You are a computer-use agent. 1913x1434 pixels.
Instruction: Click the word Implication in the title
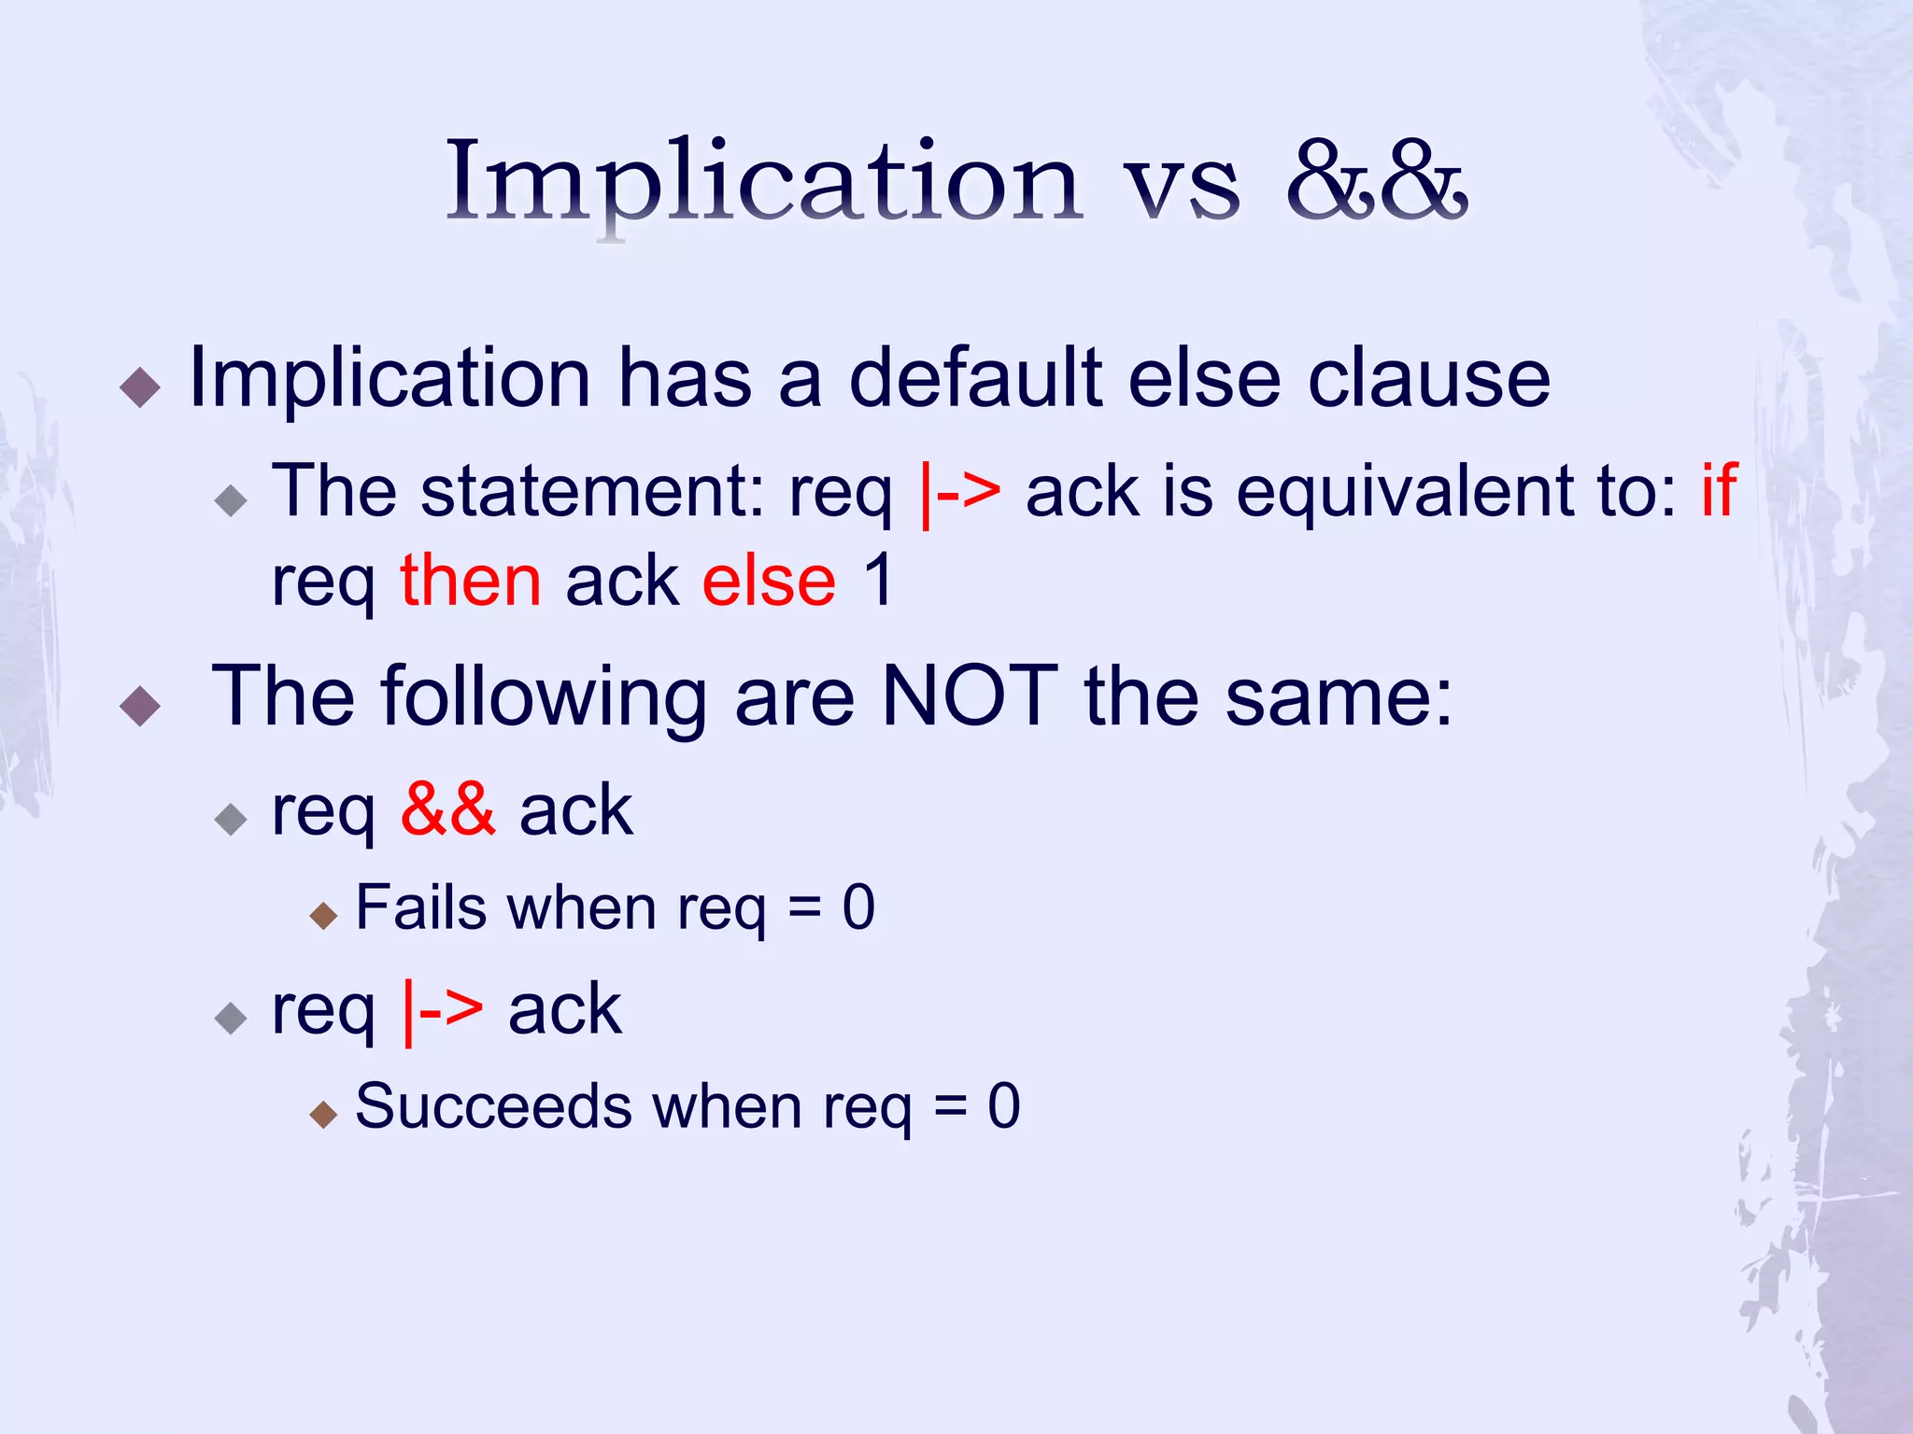click(764, 182)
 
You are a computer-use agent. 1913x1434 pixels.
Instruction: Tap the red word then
click(471, 581)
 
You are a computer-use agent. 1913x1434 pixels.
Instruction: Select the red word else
click(768, 581)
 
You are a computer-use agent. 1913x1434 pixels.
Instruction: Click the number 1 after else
click(879, 581)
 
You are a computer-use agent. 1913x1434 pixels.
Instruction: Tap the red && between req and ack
click(447, 809)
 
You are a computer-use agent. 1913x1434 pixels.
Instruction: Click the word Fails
click(420, 907)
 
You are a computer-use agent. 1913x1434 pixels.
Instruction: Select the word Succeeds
click(494, 1106)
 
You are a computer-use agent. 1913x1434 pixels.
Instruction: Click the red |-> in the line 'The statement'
click(960, 492)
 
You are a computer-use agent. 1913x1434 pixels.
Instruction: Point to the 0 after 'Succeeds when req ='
click(1004, 1106)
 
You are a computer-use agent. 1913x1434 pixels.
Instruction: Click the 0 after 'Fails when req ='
click(858, 907)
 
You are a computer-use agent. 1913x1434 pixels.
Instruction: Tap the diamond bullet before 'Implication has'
click(141, 387)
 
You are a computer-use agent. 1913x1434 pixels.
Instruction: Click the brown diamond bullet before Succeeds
click(323, 1114)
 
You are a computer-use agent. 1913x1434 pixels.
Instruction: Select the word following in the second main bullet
click(544, 697)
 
